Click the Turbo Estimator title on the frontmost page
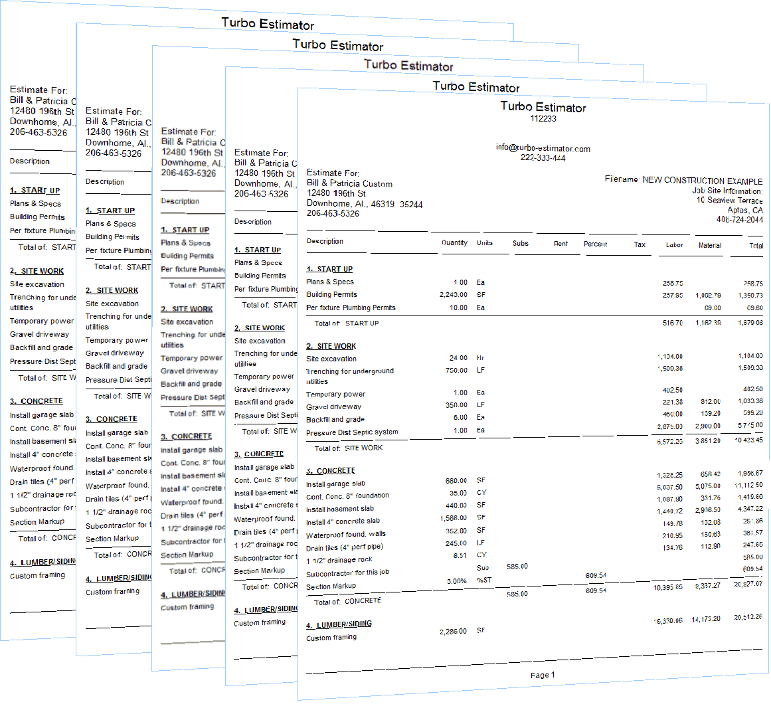pyautogui.click(x=544, y=107)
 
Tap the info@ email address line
pyautogui.click(x=543, y=148)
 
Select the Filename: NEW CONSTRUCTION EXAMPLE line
pyautogui.click(x=683, y=179)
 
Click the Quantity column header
pyautogui.click(x=454, y=243)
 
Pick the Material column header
pyautogui.click(x=709, y=245)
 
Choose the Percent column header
pyautogui.click(x=595, y=244)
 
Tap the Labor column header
pyautogui.click(x=674, y=245)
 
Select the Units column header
pyautogui.click(x=484, y=243)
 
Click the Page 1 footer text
pyautogui.click(x=543, y=675)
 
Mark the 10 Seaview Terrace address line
pyautogui.click(x=729, y=200)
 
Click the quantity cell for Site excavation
pyautogui.click(x=459, y=358)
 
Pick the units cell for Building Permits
pyautogui.click(x=481, y=294)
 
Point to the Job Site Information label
pyautogui.click(x=727, y=191)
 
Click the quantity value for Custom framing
pyautogui.click(x=453, y=632)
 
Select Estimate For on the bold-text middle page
pyautogui.click(x=189, y=132)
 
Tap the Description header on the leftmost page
pyautogui.click(x=29, y=161)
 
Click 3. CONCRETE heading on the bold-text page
pyautogui.click(x=187, y=436)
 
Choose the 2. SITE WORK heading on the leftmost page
pyautogui.click(x=37, y=271)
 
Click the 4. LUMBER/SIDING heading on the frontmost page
pyautogui.click(x=339, y=624)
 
